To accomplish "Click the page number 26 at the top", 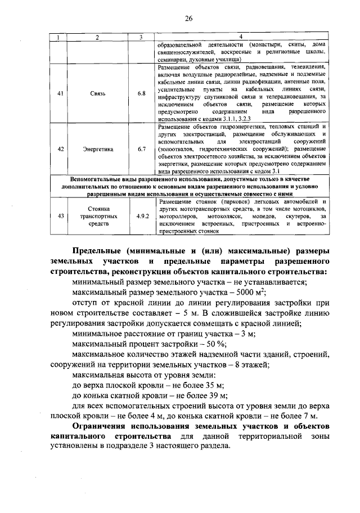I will point(188,18).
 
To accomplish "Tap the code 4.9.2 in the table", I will point(142,215).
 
